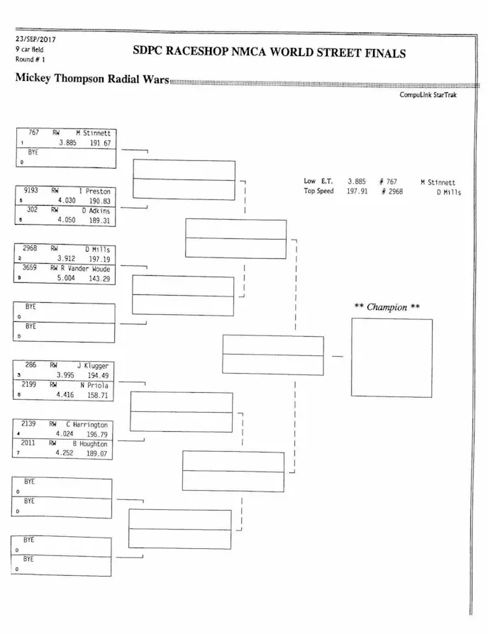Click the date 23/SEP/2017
(x=35, y=40)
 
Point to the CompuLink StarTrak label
(x=428, y=94)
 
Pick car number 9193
(x=31, y=191)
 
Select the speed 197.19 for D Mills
(x=99, y=259)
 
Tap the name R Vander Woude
(x=85, y=269)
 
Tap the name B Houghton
(x=91, y=444)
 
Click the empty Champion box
(x=391, y=357)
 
